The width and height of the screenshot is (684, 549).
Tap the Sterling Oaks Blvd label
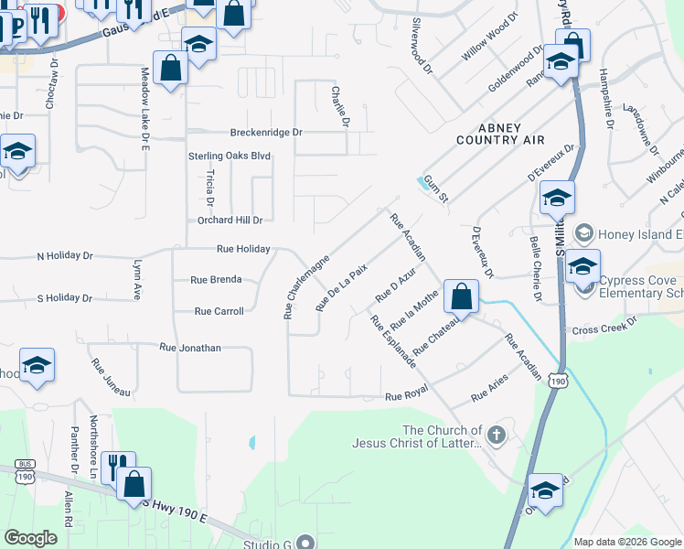click(x=230, y=156)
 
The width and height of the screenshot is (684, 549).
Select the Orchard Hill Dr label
click(x=230, y=221)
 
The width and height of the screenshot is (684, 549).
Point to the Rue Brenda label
click(x=216, y=279)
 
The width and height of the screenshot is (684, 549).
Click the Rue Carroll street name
click(x=219, y=311)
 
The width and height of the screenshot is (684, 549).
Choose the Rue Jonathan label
click(x=190, y=348)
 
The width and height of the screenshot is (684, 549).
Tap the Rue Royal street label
click(x=407, y=396)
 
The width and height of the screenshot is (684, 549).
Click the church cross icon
click(x=497, y=435)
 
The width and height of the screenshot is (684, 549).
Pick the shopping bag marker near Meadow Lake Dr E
click(x=171, y=68)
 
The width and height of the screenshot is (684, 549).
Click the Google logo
click(x=31, y=537)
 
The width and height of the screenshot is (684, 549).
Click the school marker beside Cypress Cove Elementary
click(x=582, y=267)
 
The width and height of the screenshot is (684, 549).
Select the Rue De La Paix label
click(x=341, y=285)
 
